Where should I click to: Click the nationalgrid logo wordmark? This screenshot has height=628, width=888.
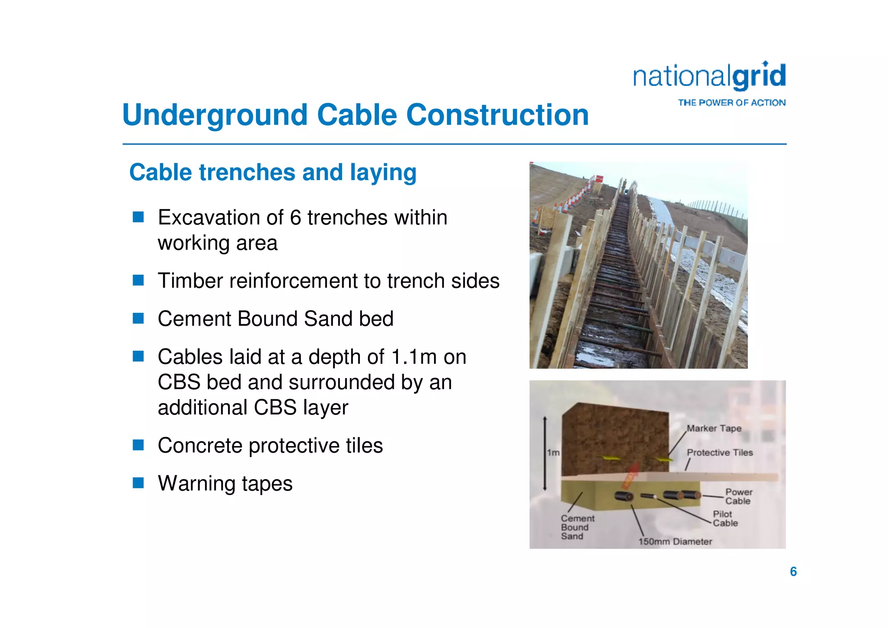[x=709, y=77]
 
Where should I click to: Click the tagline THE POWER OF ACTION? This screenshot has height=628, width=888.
[x=731, y=103]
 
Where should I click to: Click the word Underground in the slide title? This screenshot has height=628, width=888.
[x=215, y=115]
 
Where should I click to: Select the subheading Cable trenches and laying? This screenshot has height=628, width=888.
[x=273, y=172]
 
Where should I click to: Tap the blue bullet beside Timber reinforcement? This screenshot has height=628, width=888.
[x=138, y=280]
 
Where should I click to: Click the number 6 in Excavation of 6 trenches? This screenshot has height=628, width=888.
[x=295, y=217]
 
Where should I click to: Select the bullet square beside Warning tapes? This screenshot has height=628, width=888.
[x=138, y=483]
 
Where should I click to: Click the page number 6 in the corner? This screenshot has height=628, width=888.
[x=793, y=572]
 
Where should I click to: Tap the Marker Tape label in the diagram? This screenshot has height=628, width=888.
[x=714, y=428]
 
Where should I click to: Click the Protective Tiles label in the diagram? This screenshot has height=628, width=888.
[x=720, y=453]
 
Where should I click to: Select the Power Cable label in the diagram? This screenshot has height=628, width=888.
[x=738, y=496]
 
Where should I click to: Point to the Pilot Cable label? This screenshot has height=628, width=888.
[x=725, y=519]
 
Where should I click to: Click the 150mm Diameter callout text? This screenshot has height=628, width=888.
[x=675, y=542]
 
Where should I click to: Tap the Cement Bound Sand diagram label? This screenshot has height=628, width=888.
[x=577, y=527]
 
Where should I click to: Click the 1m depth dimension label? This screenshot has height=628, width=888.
[x=553, y=453]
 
